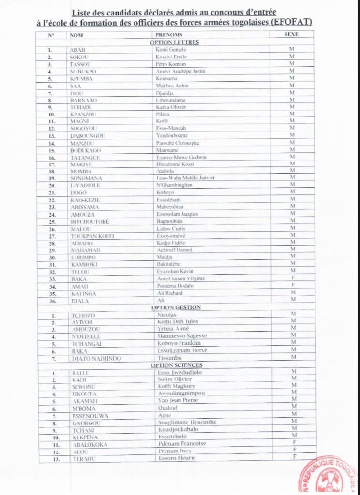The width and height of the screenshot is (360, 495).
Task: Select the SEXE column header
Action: coord(292,35)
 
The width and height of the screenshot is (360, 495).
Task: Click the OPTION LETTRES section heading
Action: coord(175,42)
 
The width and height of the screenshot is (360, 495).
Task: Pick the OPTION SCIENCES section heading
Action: coord(177,365)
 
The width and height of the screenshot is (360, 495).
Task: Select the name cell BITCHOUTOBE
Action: coord(90,221)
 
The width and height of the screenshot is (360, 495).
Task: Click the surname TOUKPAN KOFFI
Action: coord(90,235)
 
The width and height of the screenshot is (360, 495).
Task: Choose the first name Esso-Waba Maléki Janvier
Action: coord(185,178)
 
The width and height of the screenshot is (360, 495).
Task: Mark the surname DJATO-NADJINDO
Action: coord(95,358)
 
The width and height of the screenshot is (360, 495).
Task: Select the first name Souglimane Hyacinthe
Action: coord(187,422)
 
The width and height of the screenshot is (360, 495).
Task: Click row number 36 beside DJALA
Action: coord(50,301)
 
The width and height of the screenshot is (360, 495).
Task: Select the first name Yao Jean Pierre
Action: coord(178,401)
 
